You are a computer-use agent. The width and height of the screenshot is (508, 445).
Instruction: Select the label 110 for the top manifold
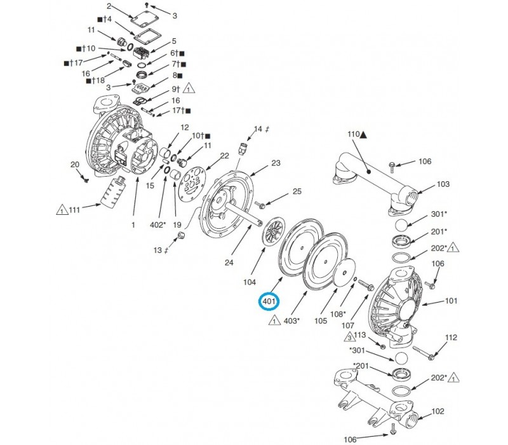click(353, 135)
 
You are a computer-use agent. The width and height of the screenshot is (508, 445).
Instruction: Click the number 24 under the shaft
click(231, 263)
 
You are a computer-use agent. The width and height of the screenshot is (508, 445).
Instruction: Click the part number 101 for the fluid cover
click(451, 301)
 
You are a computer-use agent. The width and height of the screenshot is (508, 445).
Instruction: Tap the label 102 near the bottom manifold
click(438, 412)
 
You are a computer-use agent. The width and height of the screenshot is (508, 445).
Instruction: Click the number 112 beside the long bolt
click(451, 338)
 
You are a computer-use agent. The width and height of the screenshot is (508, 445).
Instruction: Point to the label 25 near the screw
click(297, 191)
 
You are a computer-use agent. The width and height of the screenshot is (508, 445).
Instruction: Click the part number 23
click(276, 163)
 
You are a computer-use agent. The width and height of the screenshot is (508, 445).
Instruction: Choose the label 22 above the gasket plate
click(224, 156)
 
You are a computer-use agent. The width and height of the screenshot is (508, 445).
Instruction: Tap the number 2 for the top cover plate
click(109, 6)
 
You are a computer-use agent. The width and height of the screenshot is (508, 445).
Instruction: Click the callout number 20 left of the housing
click(75, 165)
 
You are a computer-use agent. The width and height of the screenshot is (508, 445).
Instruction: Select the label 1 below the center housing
click(134, 224)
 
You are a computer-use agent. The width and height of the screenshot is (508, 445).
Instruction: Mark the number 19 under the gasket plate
click(178, 224)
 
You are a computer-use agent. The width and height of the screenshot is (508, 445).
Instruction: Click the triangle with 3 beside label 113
click(349, 336)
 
